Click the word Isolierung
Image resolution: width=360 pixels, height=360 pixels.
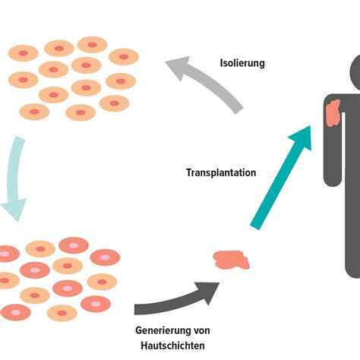click(242, 63)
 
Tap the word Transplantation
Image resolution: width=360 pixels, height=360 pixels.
click(221, 172)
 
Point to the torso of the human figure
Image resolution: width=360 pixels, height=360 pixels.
click(351, 144)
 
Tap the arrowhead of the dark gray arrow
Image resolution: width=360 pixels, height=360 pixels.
click(207, 289)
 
